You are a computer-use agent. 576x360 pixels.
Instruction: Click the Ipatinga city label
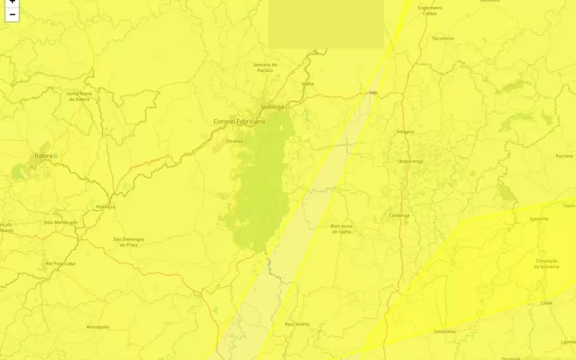(272, 107)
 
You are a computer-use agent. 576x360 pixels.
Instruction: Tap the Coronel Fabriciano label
(239, 121)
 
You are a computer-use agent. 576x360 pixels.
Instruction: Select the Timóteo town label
(235, 141)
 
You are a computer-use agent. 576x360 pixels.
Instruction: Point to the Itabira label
(43, 156)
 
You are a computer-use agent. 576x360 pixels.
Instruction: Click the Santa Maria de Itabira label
(79, 96)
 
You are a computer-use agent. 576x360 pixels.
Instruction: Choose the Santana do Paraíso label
(265, 67)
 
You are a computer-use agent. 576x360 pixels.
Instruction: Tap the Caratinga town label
(399, 215)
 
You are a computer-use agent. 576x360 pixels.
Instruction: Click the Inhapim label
(406, 131)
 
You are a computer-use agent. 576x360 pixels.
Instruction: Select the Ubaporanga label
(410, 161)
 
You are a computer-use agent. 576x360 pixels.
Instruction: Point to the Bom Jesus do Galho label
(341, 228)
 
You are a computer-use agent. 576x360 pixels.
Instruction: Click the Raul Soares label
(297, 324)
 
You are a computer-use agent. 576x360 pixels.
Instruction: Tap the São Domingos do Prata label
(129, 241)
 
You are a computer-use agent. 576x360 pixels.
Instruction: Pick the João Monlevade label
(60, 222)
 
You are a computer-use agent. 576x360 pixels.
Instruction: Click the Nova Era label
(106, 206)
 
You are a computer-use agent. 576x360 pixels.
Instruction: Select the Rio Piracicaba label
(60, 263)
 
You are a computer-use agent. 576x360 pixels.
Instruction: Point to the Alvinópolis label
(98, 327)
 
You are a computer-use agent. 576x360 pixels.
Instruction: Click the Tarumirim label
(443, 38)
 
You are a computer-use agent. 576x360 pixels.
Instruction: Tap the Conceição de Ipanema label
(547, 263)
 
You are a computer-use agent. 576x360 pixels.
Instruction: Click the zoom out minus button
(12, 15)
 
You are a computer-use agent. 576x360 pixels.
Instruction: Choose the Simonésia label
(444, 331)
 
